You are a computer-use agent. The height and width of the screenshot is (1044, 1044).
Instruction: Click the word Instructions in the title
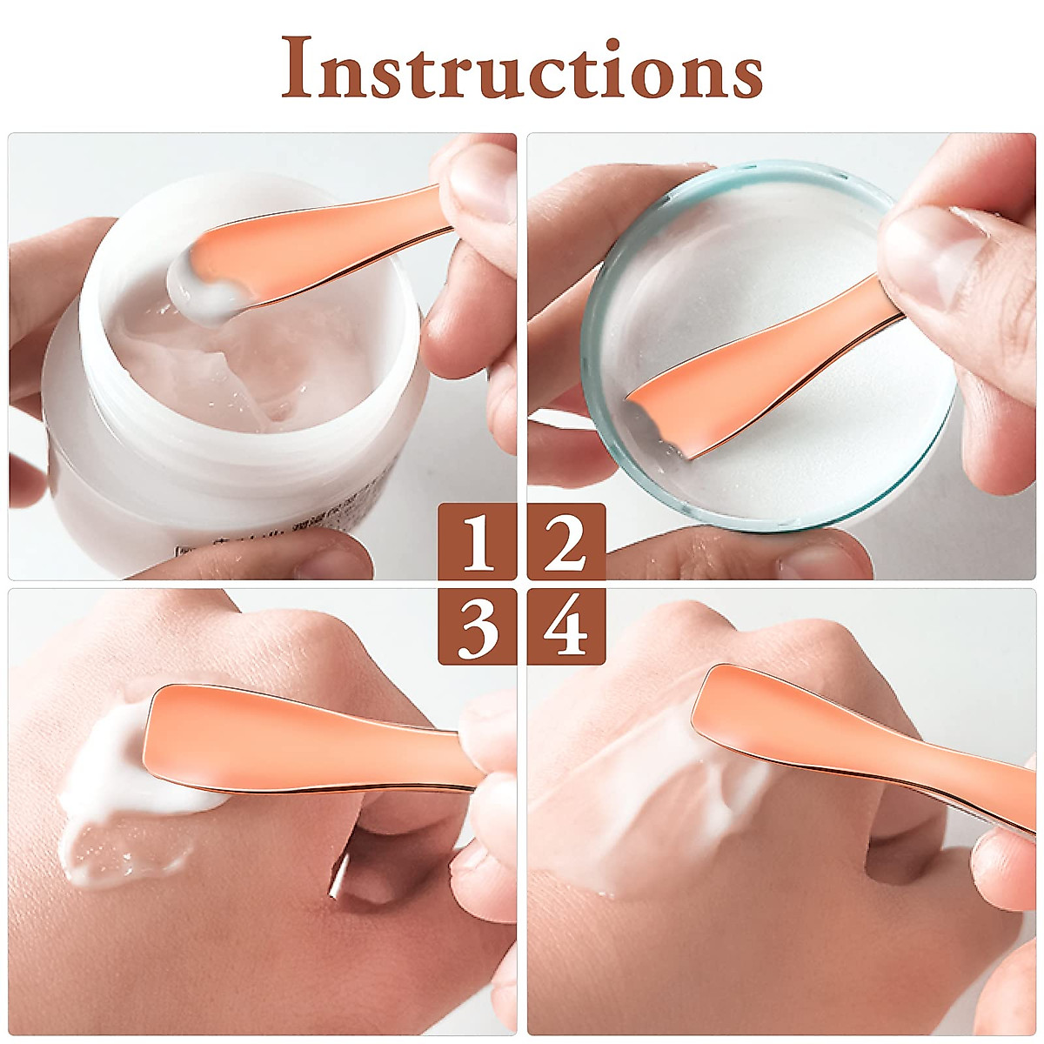click(x=522, y=68)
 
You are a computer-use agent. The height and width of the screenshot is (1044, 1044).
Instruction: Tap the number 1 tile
click(x=477, y=541)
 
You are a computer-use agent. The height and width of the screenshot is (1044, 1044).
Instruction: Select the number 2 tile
click(x=566, y=541)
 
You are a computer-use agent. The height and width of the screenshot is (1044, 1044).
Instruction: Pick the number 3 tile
click(x=477, y=626)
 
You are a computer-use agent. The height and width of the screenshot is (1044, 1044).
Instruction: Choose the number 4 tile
click(x=566, y=626)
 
